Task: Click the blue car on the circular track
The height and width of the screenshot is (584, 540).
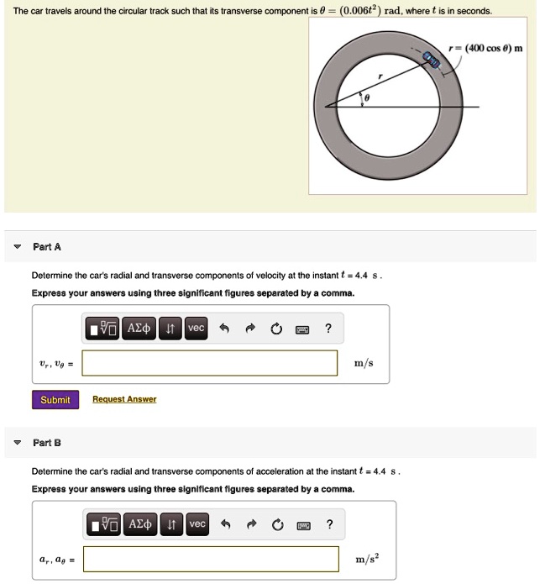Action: pos(432,59)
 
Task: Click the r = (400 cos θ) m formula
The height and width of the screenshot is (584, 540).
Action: pos(486,48)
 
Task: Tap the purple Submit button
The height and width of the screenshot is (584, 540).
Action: pos(55,400)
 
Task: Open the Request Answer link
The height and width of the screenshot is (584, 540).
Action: pos(124,400)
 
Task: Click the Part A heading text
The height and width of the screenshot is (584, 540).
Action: pos(47,247)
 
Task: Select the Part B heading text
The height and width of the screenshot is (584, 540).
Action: pos(47,442)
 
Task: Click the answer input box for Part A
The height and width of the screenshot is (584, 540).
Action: pos(210,363)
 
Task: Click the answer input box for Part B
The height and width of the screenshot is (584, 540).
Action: pos(210,559)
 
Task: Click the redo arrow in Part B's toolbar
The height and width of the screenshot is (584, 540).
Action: pos(251,525)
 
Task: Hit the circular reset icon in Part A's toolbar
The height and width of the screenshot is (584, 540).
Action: pos(276,329)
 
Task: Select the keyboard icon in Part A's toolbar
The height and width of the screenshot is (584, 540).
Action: pos(302,329)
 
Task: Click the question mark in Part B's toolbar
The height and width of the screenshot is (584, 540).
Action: pos(329,524)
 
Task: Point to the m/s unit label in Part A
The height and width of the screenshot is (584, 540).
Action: pos(364,363)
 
